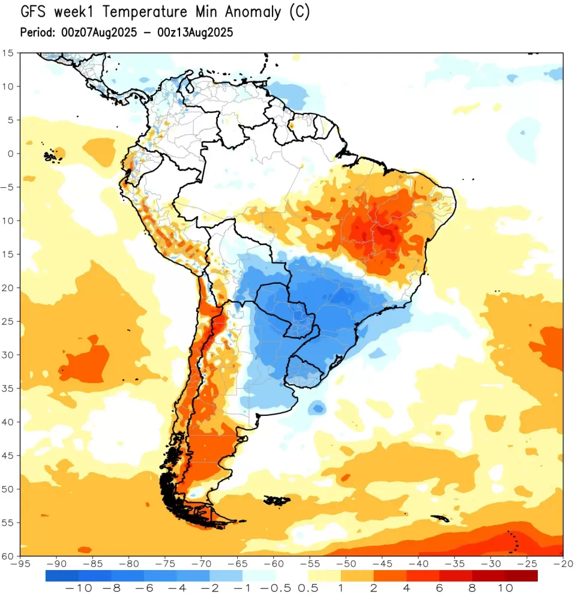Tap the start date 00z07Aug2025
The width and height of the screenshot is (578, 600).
[97, 32]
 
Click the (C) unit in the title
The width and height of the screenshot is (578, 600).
[299, 13]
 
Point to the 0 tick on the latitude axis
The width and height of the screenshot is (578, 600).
[10, 154]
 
